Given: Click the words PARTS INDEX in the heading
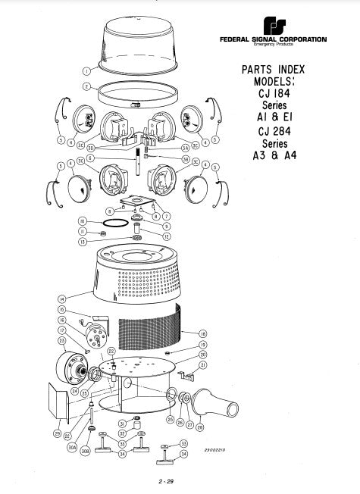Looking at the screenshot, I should click(272, 69).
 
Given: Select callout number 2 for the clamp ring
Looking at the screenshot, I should click(86, 86).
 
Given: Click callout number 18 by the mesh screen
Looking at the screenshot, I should click(203, 333).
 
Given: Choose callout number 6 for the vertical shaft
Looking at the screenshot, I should click(90, 158).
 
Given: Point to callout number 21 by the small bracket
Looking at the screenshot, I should click(202, 365).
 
